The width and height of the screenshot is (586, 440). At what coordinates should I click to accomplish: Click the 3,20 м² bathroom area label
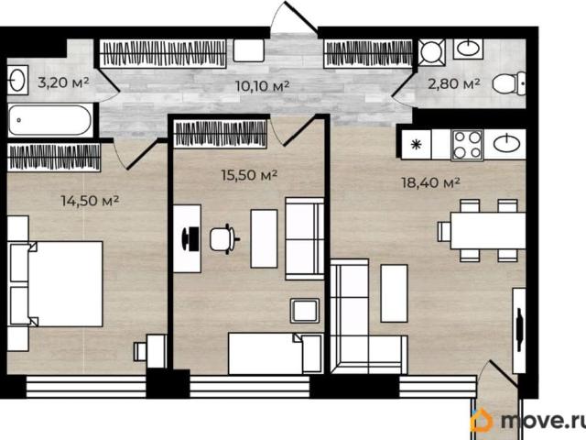click(x=63, y=82)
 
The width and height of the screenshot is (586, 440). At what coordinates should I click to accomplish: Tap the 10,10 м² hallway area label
click(x=263, y=86)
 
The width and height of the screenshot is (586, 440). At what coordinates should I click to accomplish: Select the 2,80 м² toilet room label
click(x=454, y=83)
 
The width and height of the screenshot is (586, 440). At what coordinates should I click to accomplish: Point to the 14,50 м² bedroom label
click(x=90, y=201)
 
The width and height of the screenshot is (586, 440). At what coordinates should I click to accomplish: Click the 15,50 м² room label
click(x=249, y=175)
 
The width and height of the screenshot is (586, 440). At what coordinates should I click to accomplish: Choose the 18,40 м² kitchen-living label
click(x=430, y=183)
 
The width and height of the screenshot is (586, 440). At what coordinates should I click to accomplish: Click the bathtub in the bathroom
click(x=49, y=120)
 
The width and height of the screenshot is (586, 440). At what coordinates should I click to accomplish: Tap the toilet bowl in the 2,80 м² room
click(x=509, y=83)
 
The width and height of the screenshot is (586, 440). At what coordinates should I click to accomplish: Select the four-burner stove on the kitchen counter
click(x=467, y=145)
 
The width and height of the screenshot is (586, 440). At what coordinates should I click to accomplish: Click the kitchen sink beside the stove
click(x=506, y=144)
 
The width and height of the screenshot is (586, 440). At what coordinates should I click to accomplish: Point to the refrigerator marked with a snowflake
click(x=416, y=145)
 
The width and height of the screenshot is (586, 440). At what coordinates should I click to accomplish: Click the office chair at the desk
click(x=223, y=239)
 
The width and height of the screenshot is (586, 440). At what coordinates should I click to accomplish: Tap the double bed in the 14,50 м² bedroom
click(x=55, y=284)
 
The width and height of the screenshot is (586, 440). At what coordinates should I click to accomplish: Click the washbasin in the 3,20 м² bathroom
click(x=17, y=80)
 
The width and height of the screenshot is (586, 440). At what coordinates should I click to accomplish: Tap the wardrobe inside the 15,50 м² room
click(x=221, y=134)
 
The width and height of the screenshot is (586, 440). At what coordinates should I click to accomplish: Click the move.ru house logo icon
click(x=482, y=421)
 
